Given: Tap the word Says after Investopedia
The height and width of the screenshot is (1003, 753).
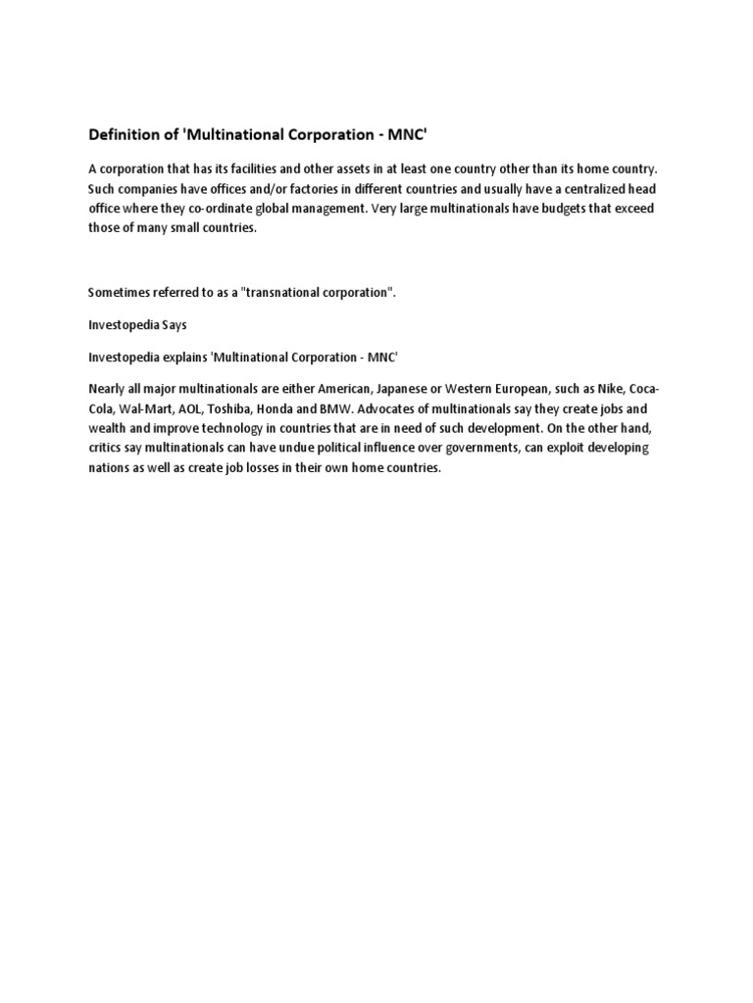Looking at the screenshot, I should point(171,324).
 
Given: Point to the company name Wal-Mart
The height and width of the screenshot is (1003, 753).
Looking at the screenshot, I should point(142,407).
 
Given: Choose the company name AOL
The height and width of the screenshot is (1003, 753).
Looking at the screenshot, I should point(185,407).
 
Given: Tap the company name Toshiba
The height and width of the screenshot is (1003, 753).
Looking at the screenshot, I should point(229,407).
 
